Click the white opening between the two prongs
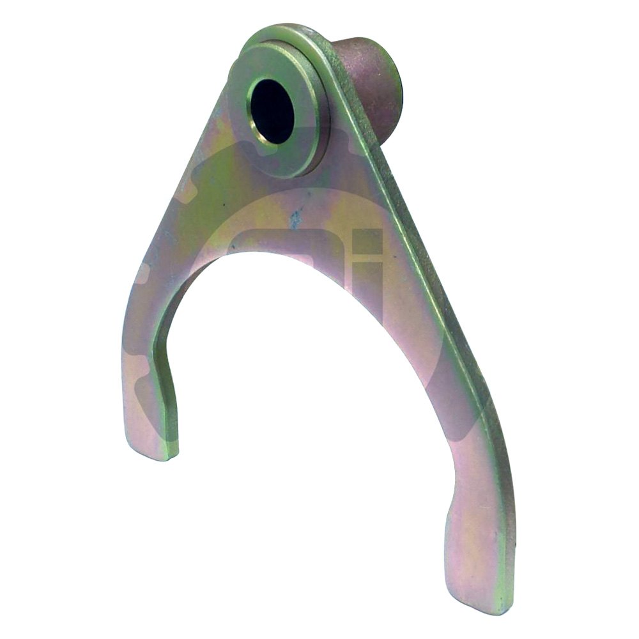pyautogui.click(x=307, y=415)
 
